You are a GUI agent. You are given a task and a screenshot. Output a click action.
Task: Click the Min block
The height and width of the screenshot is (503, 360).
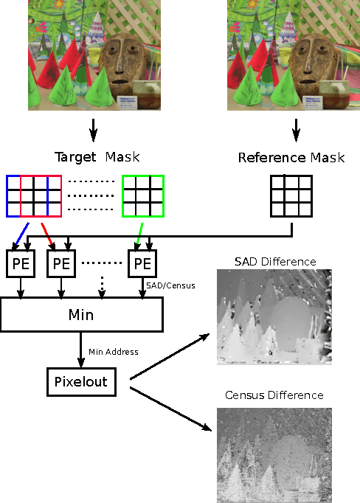81,315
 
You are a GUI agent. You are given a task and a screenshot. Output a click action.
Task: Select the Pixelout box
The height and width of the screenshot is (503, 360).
81,382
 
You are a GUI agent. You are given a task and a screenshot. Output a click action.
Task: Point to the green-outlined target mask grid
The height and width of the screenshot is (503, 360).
142,196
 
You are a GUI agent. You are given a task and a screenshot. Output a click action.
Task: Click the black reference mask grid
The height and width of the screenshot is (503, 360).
291,196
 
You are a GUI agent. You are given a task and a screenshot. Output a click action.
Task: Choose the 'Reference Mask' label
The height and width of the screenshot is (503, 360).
291,158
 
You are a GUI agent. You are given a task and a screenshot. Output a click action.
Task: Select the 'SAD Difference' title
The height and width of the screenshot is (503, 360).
274,262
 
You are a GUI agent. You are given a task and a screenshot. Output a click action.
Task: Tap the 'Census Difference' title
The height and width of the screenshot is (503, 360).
274,395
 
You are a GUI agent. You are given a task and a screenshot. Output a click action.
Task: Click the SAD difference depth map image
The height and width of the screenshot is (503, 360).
274,316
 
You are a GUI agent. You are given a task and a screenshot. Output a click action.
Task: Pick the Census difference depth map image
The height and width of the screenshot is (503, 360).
274,451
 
